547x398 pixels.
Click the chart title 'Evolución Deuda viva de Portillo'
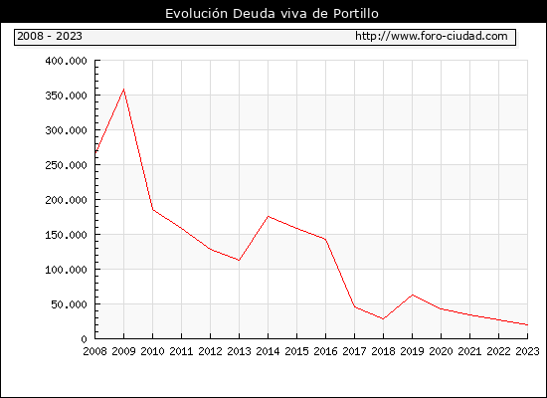click(x=272, y=13)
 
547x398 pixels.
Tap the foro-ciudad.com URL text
click(x=432, y=36)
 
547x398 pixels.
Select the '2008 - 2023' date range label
click(x=50, y=36)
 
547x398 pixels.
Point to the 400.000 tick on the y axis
click(x=66, y=61)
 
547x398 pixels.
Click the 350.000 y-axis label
click(x=66, y=96)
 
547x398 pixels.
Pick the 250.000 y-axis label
click(x=66, y=165)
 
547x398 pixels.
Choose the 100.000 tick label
click(x=66, y=270)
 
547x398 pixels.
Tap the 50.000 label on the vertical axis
click(x=69, y=304)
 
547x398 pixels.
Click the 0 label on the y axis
click(x=84, y=339)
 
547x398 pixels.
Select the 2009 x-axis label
click(x=124, y=351)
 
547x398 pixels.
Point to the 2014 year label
click(x=268, y=351)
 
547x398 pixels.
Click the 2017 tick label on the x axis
click(x=354, y=351)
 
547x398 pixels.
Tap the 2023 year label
click(x=527, y=351)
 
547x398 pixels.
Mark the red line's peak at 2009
click(x=124, y=90)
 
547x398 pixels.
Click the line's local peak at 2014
click(x=268, y=217)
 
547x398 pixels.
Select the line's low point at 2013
click(x=239, y=260)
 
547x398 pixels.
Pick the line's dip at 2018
click(x=383, y=318)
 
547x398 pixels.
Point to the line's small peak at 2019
click(x=413, y=295)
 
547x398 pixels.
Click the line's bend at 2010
click(x=153, y=210)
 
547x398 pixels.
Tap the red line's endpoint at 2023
click(x=527, y=324)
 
